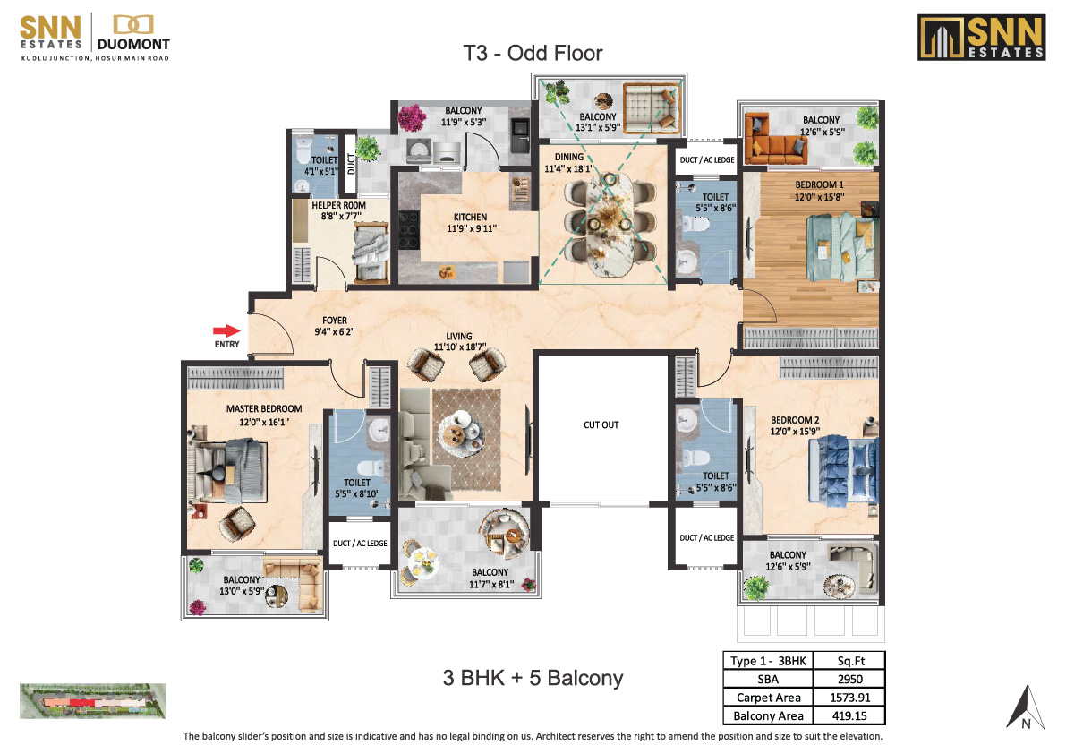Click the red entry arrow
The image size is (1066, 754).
(226, 331)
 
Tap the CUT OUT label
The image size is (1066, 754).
(601, 425)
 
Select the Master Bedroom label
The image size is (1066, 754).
(264, 409)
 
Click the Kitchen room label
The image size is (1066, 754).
(471, 217)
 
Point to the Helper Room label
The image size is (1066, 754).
(338, 205)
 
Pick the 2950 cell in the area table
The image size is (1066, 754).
(849, 679)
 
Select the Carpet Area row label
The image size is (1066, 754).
(768, 698)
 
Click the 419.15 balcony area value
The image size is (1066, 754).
(849, 715)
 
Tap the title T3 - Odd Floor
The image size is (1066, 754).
(533, 53)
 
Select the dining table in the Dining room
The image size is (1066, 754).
(610, 224)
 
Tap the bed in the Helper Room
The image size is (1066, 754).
(371, 255)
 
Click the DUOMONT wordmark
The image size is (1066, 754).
(133, 45)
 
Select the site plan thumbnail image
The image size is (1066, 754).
(92, 701)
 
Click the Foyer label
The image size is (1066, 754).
(335, 321)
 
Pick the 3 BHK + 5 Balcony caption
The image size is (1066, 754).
(533, 678)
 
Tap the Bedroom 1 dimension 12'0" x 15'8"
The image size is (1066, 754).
(819, 197)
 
